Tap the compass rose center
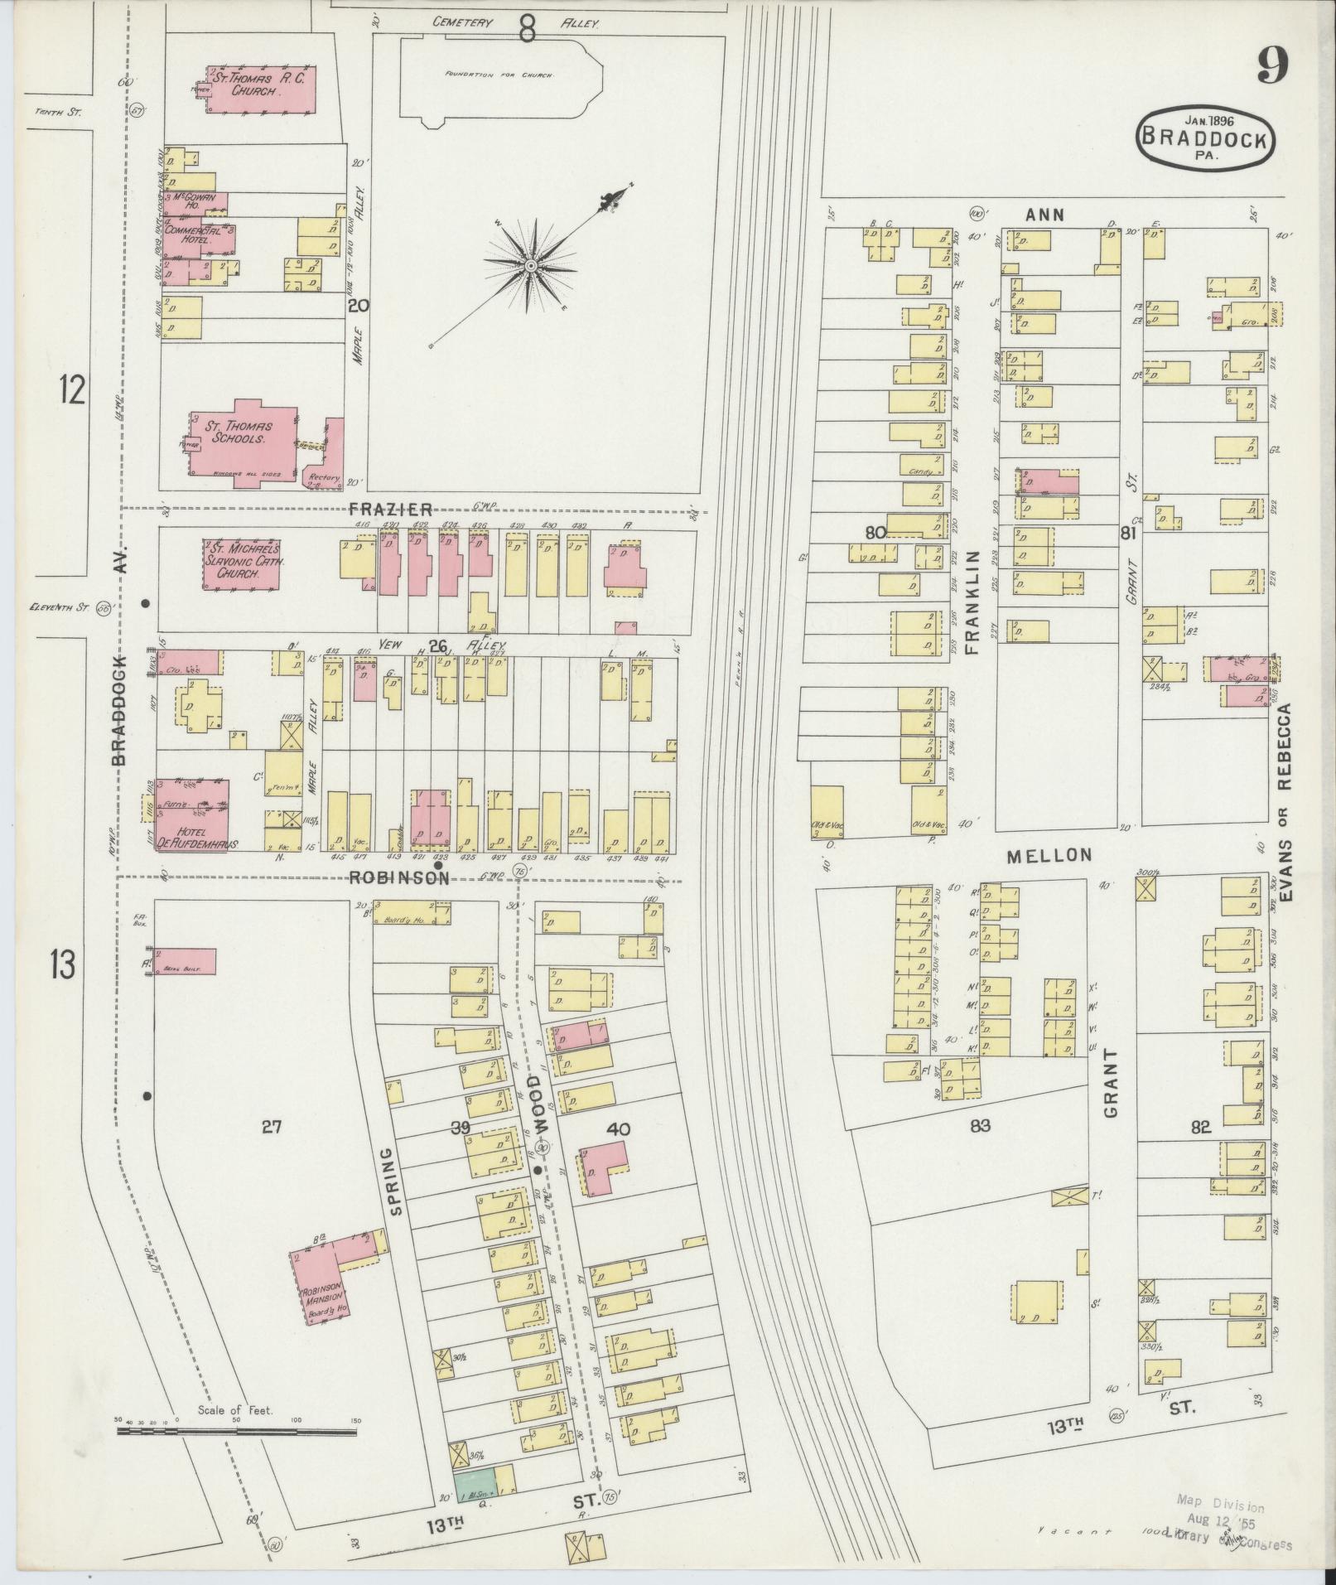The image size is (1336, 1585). (x=530, y=266)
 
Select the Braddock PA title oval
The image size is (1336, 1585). (x=1204, y=138)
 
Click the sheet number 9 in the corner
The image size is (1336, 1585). (x=1271, y=65)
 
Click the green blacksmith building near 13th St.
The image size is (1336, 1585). (x=474, y=1481)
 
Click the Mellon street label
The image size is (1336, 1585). (x=1049, y=855)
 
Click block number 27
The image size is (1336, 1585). (x=273, y=1126)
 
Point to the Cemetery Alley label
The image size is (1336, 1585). (x=514, y=24)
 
